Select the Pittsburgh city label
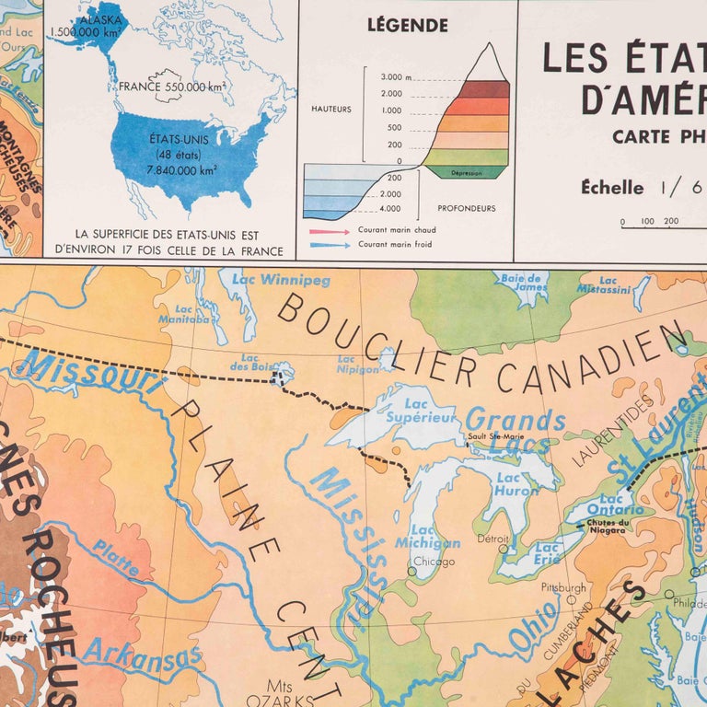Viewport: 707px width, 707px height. coord(564,587)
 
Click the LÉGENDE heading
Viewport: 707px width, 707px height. coord(407,25)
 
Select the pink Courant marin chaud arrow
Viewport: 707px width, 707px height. coord(328,230)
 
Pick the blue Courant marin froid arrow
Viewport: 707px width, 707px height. coord(328,245)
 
